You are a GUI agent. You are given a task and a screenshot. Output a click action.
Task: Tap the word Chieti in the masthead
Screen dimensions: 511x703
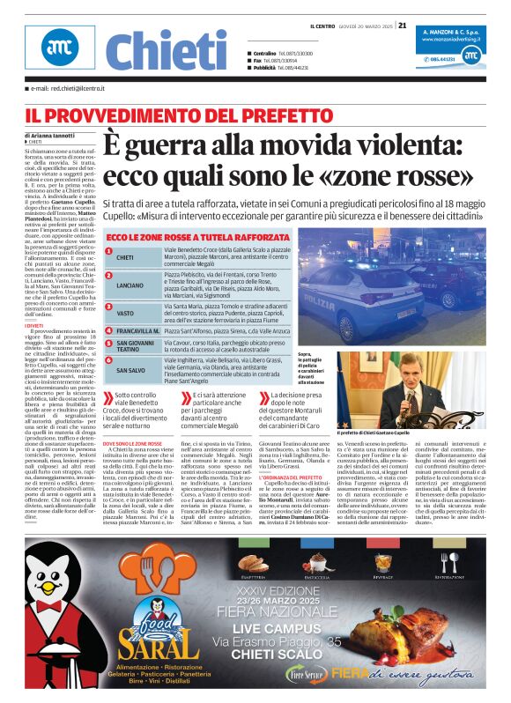166,51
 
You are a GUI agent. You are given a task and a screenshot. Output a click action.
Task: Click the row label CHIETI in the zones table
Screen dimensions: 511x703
125,257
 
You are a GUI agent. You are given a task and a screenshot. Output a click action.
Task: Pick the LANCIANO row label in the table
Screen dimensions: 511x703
130,285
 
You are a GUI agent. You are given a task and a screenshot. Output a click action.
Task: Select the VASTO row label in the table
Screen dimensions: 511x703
125,313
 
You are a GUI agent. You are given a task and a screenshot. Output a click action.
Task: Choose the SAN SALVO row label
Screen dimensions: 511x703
130,370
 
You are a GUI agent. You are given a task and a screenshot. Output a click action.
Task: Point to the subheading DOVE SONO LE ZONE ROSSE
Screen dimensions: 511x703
132,443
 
